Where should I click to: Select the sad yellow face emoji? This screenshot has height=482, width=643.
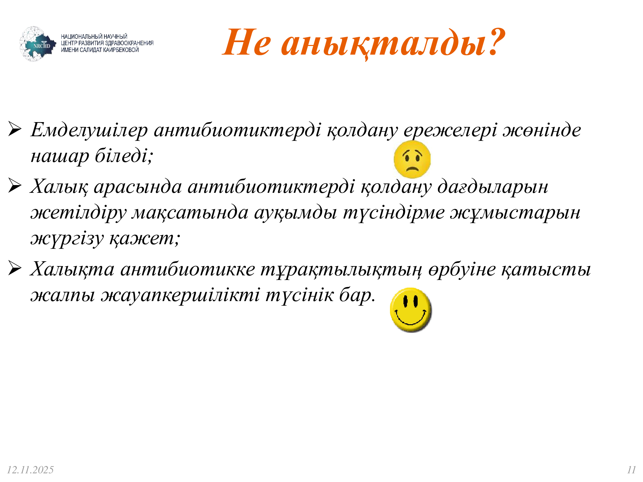[412, 159]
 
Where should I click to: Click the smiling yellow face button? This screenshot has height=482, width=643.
[411, 310]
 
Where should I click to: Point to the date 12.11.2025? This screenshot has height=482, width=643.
[30, 470]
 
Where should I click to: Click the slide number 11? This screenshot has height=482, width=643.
[631, 470]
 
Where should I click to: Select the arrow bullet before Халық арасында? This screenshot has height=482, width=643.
[15, 186]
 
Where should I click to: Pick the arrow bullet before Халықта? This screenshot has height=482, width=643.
[15, 268]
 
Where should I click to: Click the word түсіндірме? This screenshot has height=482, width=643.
[394, 213]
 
